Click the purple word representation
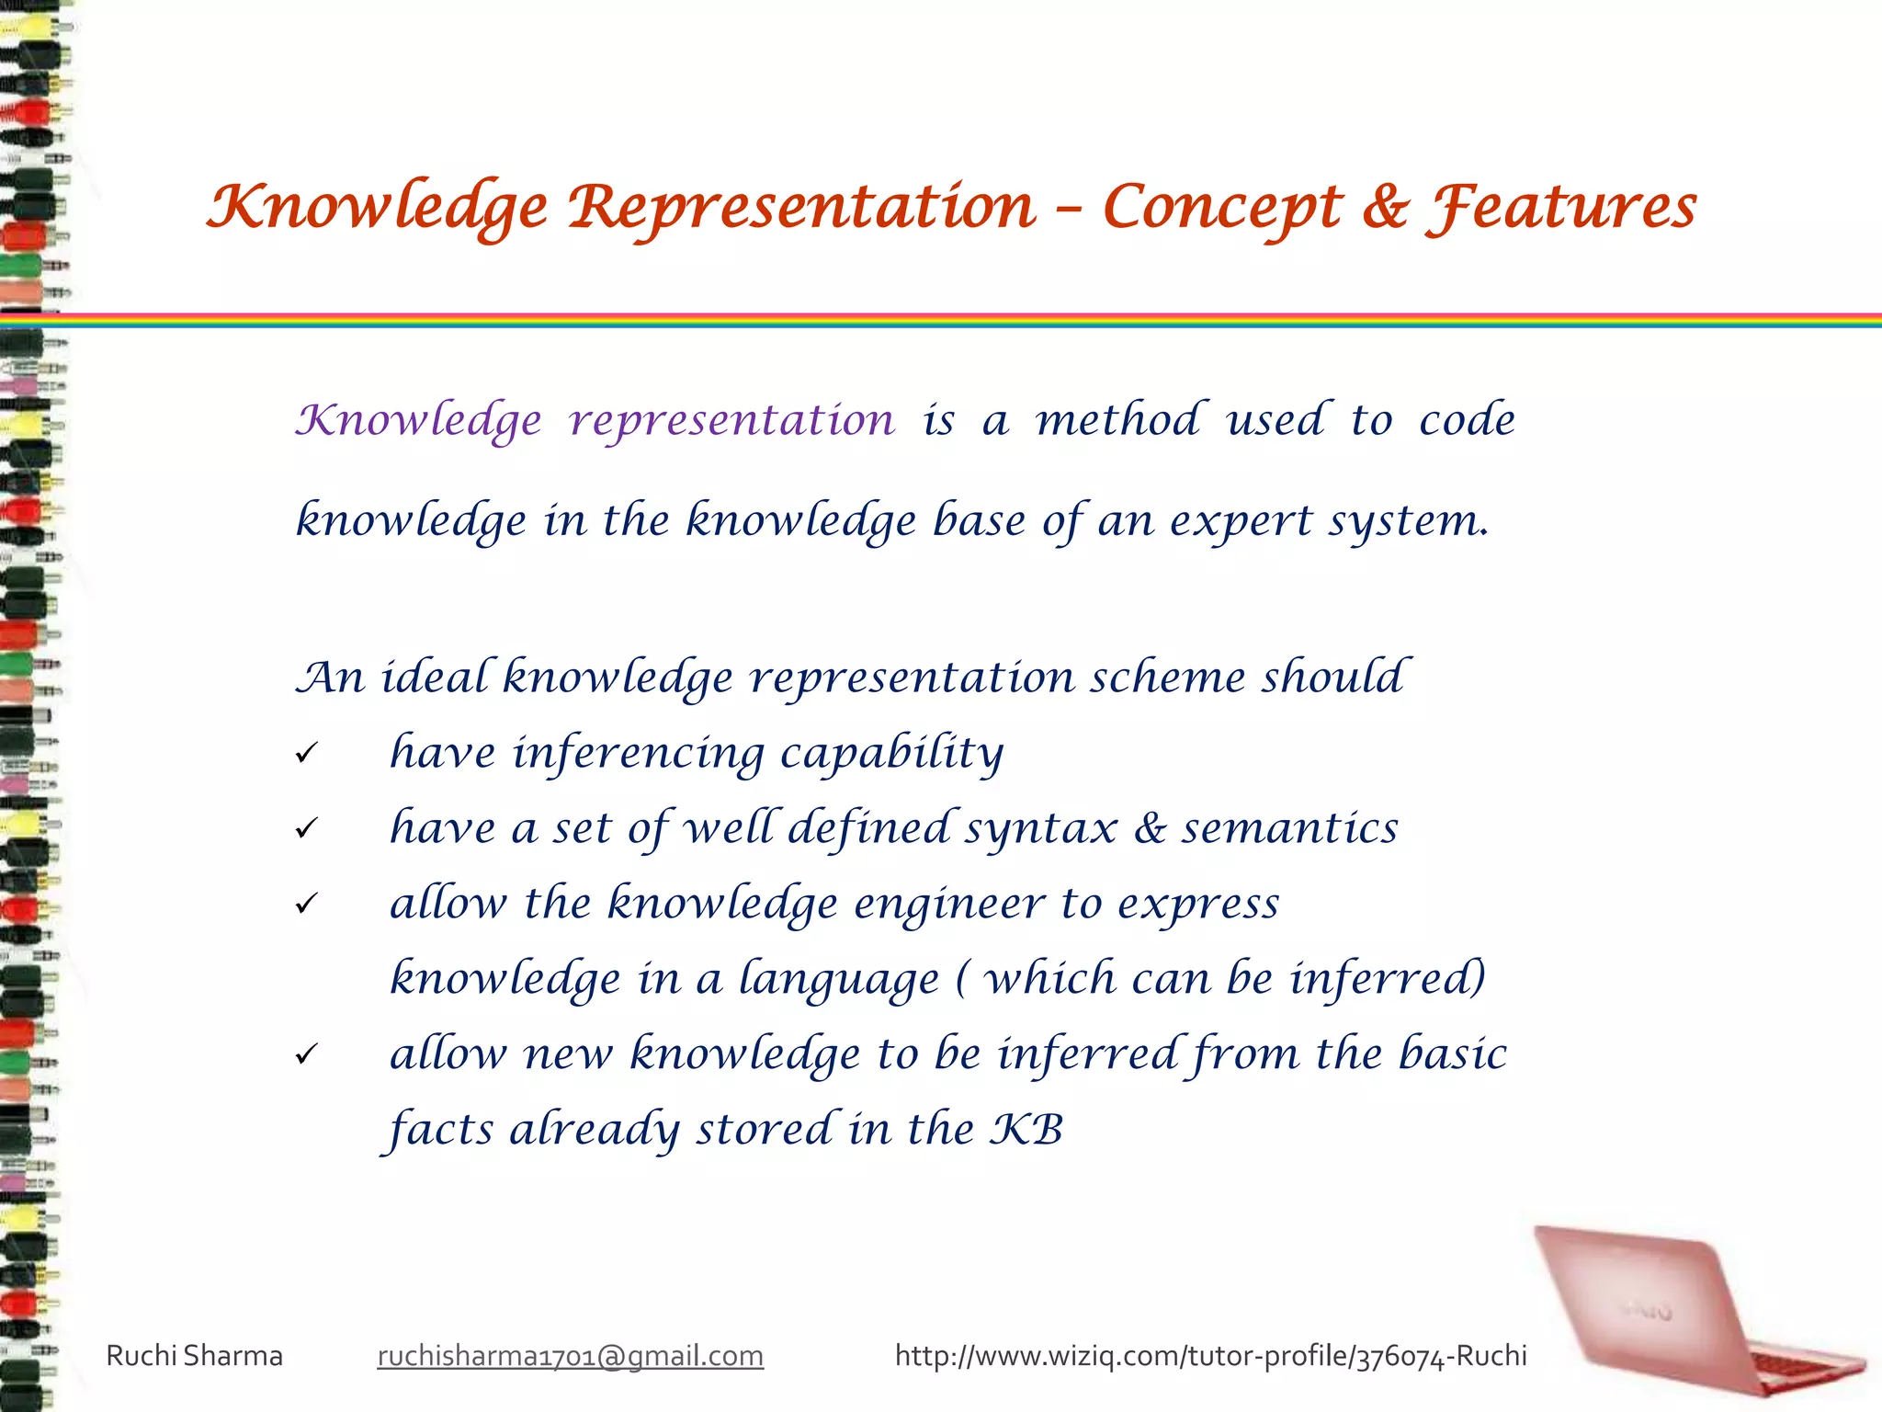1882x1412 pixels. (x=731, y=421)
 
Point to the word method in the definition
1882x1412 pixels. (x=1117, y=420)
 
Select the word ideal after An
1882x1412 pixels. (x=438, y=678)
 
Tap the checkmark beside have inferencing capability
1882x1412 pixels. (x=306, y=755)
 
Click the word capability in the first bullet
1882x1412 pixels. (x=891, y=754)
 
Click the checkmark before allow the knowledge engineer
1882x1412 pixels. (x=306, y=905)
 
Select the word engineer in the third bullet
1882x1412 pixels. (x=949, y=905)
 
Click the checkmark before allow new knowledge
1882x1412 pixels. (x=306, y=1055)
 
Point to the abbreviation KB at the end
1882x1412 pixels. (x=1026, y=1130)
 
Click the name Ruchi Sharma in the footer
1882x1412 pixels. (x=195, y=1356)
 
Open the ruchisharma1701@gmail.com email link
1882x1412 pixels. (x=570, y=1356)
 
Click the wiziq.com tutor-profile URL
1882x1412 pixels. (x=1210, y=1356)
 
